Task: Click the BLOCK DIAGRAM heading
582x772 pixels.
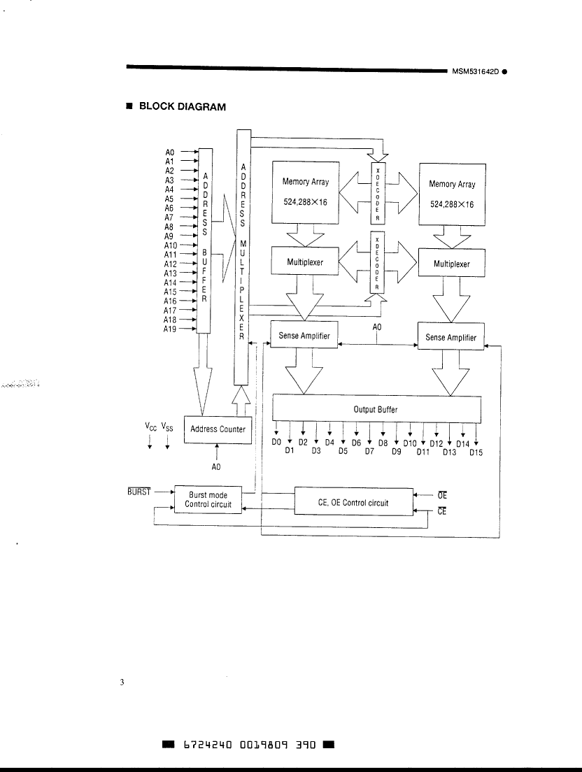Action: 182,107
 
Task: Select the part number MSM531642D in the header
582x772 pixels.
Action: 475,71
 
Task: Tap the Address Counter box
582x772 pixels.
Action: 218,429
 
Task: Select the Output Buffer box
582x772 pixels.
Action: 376,410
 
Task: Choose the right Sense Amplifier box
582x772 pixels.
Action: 450,338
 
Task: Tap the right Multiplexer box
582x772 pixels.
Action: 451,264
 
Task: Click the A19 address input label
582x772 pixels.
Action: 170,329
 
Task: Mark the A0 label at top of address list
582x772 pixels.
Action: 170,152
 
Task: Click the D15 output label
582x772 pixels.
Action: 476,452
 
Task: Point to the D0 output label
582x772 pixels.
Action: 276,443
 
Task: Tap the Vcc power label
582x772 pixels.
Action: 150,427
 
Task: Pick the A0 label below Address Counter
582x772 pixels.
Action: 216,467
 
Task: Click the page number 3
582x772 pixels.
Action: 122,682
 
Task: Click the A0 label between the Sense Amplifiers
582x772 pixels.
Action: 376,327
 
